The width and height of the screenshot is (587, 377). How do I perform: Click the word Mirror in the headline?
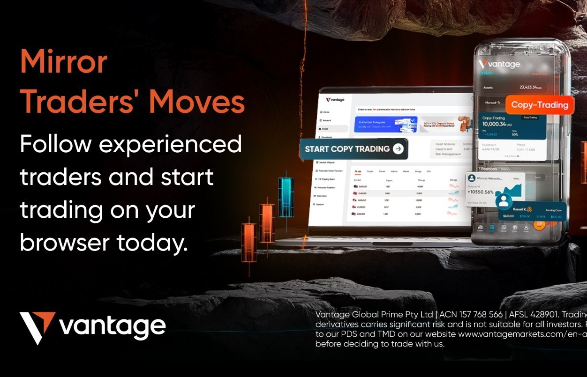[64, 61]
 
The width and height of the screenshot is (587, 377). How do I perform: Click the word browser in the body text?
[64, 242]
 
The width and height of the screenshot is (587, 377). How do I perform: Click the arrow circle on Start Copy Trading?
[398, 149]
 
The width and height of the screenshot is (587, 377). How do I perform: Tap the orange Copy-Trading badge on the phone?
[539, 105]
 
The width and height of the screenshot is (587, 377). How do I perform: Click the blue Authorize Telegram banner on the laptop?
[385, 124]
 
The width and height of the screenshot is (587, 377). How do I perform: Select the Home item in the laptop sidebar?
[326, 112]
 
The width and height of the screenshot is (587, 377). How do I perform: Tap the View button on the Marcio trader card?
[516, 178]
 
